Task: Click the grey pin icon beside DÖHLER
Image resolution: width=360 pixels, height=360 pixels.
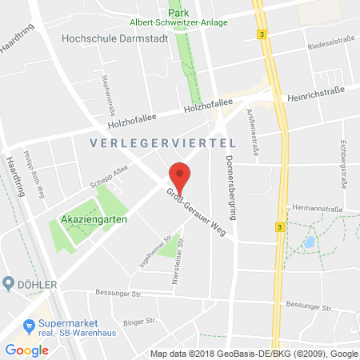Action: (9, 283)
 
